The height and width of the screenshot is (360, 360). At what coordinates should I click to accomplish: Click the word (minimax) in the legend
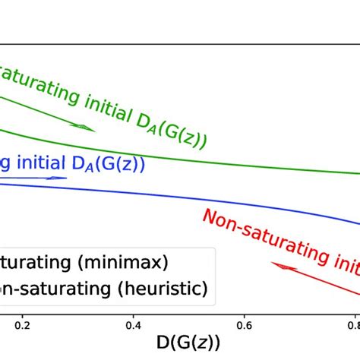click(x=130, y=264)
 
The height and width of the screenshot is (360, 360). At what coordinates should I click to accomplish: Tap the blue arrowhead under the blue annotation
click(x=61, y=178)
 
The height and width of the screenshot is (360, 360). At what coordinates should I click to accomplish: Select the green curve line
click(x=228, y=163)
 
